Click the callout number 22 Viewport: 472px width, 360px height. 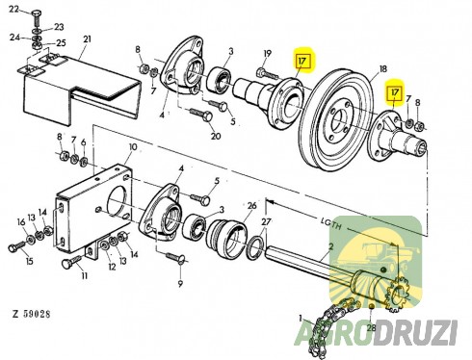pyautogui.click(x=14, y=9)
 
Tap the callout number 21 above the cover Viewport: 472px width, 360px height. pyautogui.click(x=87, y=39)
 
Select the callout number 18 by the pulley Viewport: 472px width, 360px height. pyautogui.click(x=382, y=68)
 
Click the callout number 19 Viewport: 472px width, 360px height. pyautogui.click(x=268, y=53)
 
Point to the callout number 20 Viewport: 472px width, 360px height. pyautogui.click(x=216, y=136)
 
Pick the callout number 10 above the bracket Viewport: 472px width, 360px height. pyautogui.click(x=133, y=147)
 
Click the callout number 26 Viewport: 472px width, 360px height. pyautogui.click(x=252, y=205)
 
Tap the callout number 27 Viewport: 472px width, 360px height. pyautogui.click(x=266, y=221)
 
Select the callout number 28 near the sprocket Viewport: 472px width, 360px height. pyautogui.click(x=371, y=327)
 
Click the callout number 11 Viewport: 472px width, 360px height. pyautogui.click(x=84, y=275)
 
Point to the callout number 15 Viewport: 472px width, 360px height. pyautogui.click(x=29, y=261)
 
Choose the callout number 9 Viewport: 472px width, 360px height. pyautogui.click(x=180, y=283)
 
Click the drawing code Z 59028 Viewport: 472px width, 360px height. pyautogui.click(x=32, y=314)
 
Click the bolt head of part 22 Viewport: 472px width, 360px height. pyautogui.click(x=37, y=13)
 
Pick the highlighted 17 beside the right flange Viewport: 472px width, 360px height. pyautogui.click(x=395, y=92)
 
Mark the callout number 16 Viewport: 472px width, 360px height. pyautogui.click(x=21, y=222)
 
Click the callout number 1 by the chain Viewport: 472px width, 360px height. pyautogui.click(x=301, y=319)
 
